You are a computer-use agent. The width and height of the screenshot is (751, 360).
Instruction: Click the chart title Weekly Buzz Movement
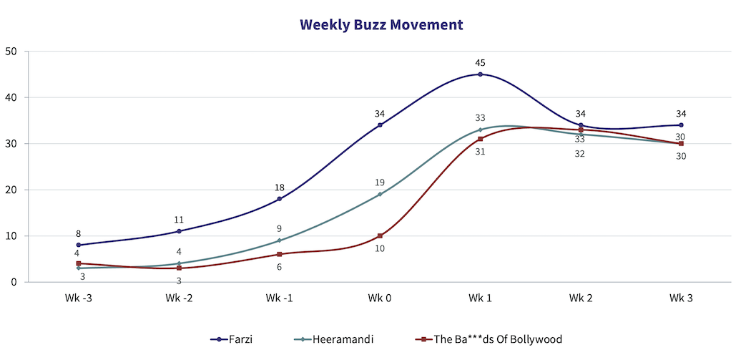click(381, 25)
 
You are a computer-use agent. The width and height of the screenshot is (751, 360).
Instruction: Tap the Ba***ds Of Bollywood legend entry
click(493, 339)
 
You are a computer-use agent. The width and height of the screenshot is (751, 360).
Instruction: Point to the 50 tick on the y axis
click(11, 52)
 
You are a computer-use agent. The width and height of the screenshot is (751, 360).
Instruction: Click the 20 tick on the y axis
click(11, 190)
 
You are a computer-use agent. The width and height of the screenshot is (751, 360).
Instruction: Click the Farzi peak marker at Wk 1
click(481, 74)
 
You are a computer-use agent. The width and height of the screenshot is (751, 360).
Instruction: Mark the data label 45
click(481, 63)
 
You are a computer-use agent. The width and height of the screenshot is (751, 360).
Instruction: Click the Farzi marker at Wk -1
click(280, 199)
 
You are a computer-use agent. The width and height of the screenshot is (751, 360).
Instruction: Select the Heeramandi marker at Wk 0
click(380, 195)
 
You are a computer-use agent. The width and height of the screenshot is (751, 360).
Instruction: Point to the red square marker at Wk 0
click(380, 236)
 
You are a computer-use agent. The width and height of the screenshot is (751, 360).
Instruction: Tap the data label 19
click(380, 183)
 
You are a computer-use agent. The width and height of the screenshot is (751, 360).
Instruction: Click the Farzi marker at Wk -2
click(179, 231)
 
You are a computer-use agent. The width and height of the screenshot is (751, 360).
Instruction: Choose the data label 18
click(280, 188)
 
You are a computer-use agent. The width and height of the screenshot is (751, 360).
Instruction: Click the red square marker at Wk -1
click(280, 254)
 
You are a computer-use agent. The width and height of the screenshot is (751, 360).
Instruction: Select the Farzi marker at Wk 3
click(681, 125)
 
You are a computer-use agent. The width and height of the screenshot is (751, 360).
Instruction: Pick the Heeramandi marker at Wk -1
click(280, 240)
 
